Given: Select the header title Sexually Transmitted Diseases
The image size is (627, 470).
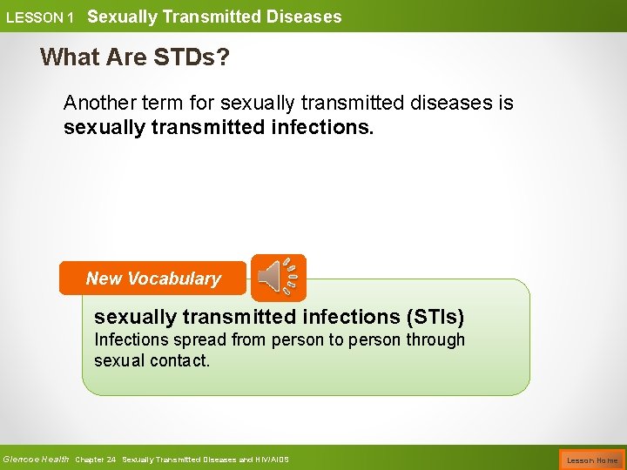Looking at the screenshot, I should click(214, 17).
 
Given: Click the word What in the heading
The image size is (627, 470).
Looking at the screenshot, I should click(69, 57).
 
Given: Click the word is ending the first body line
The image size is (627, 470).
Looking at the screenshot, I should click(506, 103).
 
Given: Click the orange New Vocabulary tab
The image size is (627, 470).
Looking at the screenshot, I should click(153, 279).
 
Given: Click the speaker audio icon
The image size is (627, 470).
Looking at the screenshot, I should click(278, 278).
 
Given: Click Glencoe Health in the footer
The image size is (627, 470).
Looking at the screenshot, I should click(36, 460).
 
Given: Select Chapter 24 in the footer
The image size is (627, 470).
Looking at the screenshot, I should click(96, 460).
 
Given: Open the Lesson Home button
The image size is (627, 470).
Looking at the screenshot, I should click(592, 460).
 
